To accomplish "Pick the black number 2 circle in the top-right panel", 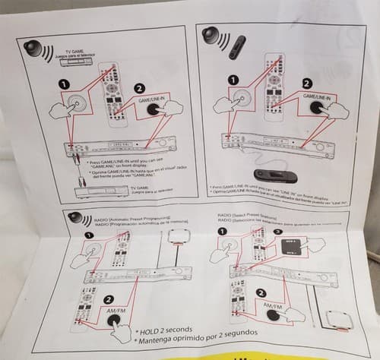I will (x=306, y=84).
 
